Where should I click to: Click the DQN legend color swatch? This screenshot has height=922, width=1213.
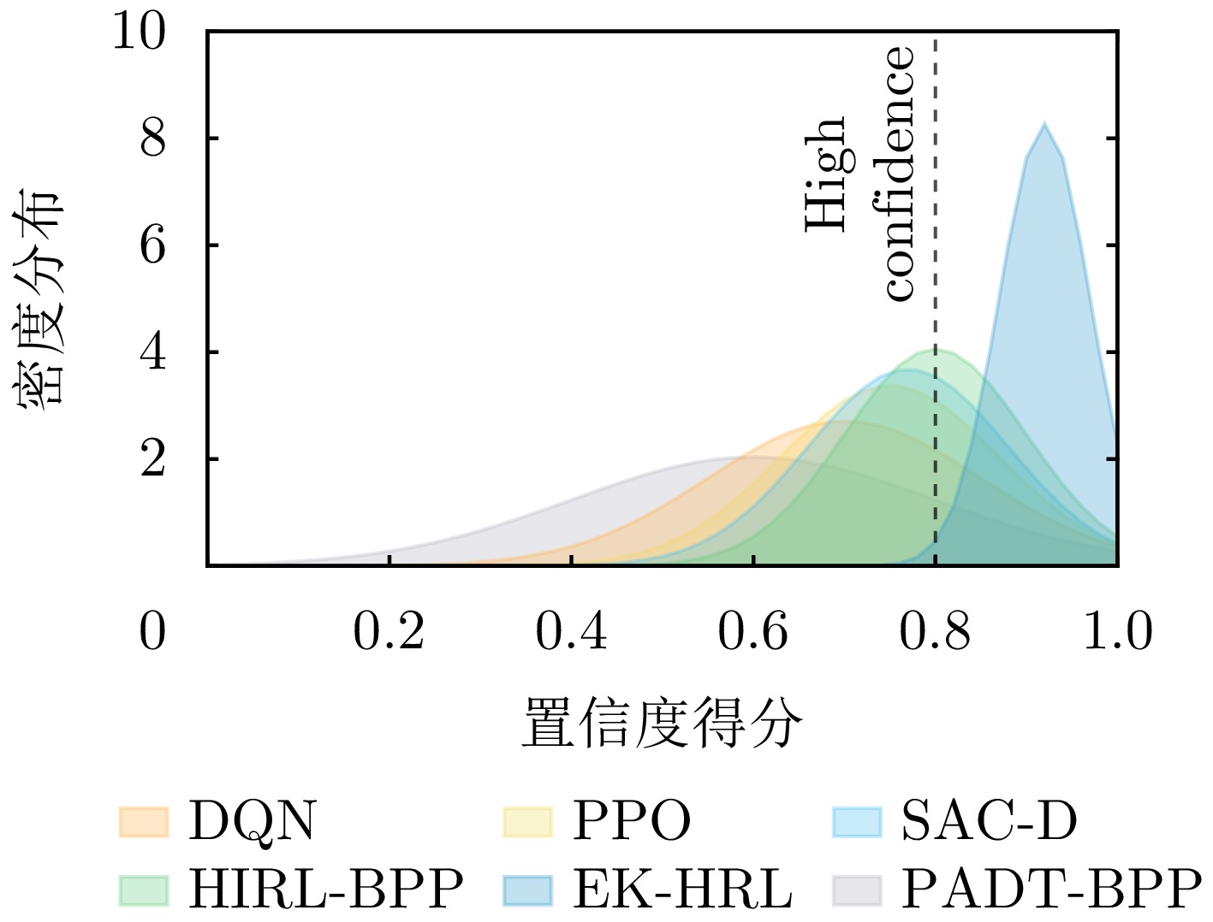[x=144, y=821]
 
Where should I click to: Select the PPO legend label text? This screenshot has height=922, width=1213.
[x=631, y=821]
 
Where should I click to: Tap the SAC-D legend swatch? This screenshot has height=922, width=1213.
[x=857, y=821]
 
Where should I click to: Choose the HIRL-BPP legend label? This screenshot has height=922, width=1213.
[x=325, y=889]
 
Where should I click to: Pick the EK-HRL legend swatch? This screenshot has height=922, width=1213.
[x=527, y=889]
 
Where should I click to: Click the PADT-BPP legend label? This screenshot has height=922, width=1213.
[x=1051, y=889]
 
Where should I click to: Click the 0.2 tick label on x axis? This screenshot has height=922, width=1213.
[x=389, y=632]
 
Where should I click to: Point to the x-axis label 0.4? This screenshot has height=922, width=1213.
[x=571, y=632]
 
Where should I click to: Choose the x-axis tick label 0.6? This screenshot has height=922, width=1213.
[x=752, y=632]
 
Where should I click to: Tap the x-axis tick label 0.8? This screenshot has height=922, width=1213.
[x=935, y=632]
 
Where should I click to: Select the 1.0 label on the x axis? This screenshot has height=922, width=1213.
[x=1117, y=632]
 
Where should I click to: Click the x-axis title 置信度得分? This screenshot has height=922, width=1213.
[x=662, y=724]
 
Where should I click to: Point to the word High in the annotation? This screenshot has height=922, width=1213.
[x=827, y=174]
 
